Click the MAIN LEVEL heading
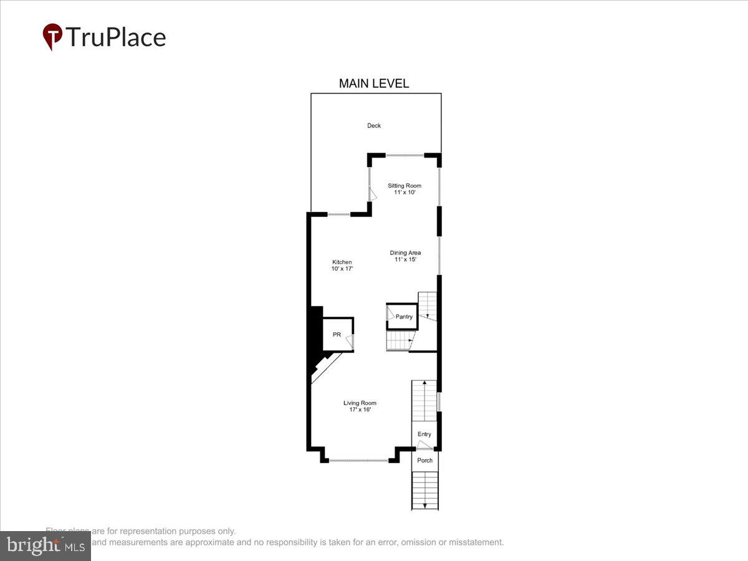(x=373, y=84)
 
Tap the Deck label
(x=373, y=126)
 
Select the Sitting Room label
(x=405, y=186)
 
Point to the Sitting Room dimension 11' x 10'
(x=405, y=193)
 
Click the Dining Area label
(x=405, y=253)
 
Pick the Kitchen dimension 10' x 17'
(x=342, y=269)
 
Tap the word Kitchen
(x=342, y=262)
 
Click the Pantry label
(x=404, y=317)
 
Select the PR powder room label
(x=337, y=335)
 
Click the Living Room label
(x=360, y=403)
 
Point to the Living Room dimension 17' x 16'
(x=360, y=410)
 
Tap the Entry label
(x=424, y=434)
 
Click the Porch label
(x=424, y=461)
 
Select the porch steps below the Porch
(x=424, y=491)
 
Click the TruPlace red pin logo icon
(x=52, y=36)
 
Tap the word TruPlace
(x=115, y=37)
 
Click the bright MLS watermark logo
(x=45, y=545)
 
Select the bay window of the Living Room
(x=358, y=461)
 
